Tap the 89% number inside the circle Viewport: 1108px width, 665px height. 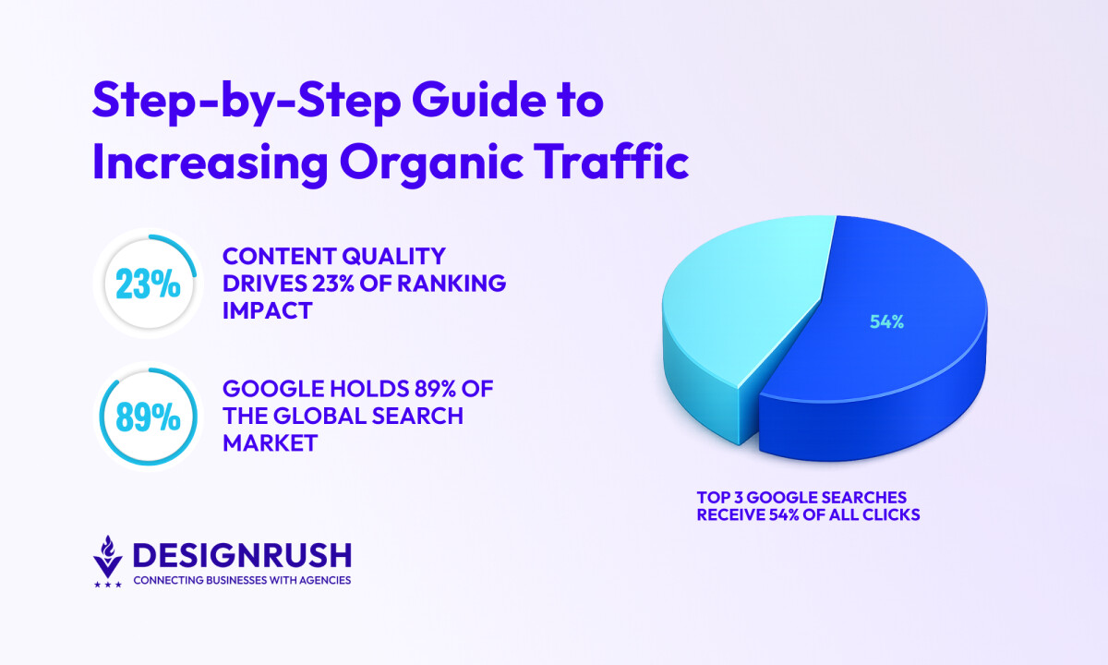[x=149, y=417]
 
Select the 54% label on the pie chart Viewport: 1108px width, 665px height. [x=886, y=322]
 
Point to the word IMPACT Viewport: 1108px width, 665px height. [x=268, y=311]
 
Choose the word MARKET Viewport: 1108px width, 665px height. [x=271, y=443]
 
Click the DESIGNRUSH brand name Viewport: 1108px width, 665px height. [x=242, y=555]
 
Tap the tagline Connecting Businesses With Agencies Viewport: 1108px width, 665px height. [x=242, y=581]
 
